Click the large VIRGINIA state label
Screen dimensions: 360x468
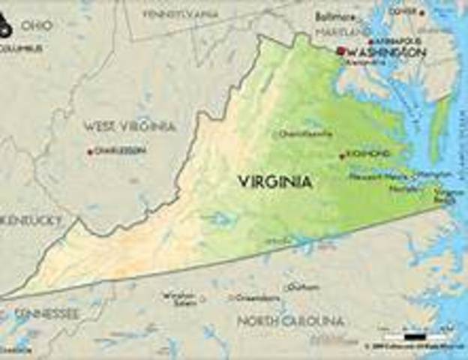coord(275,181)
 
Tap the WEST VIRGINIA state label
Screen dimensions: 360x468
coord(129,126)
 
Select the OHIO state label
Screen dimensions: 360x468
coord(36,25)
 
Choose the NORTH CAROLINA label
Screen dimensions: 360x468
coord(290,321)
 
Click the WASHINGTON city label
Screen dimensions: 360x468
coord(387,52)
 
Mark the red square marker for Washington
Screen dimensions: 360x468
coord(340,51)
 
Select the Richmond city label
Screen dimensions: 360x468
coord(368,154)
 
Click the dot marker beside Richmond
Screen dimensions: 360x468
coord(342,156)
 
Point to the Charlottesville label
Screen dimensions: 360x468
coord(306,134)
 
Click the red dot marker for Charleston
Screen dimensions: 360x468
coord(90,151)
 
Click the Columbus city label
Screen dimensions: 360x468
coord(21,48)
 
